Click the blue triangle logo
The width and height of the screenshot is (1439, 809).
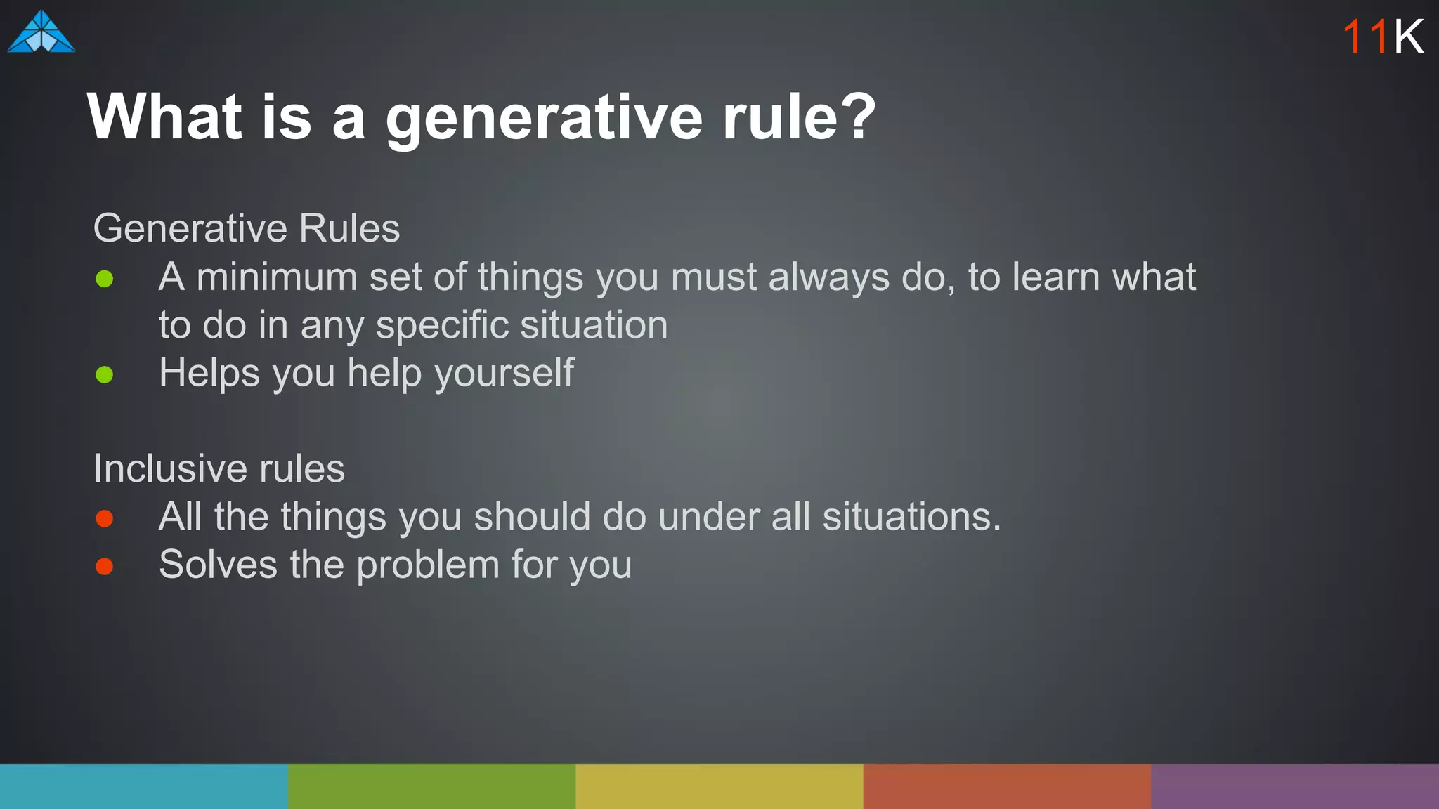(x=41, y=33)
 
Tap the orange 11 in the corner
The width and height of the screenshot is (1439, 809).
(x=1365, y=37)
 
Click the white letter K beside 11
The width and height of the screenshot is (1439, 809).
(x=1409, y=37)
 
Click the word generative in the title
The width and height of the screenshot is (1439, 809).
(x=544, y=118)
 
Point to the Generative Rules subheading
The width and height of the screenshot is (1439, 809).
(x=247, y=228)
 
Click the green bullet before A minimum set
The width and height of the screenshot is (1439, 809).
(x=105, y=279)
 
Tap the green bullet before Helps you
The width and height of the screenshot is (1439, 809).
(x=105, y=374)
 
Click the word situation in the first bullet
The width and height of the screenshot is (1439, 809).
(x=594, y=325)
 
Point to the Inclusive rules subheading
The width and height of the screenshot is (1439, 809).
(x=219, y=468)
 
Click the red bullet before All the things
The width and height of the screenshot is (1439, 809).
(x=105, y=518)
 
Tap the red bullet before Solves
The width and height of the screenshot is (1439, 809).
(x=105, y=566)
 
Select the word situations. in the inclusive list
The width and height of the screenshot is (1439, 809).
(x=911, y=517)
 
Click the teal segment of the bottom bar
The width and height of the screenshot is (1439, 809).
(x=143, y=786)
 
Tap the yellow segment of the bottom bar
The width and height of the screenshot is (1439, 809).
(x=719, y=786)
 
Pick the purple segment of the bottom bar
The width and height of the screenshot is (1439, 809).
(x=1295, y=786)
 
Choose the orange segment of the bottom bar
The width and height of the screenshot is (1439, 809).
(x=1007, y=786)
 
